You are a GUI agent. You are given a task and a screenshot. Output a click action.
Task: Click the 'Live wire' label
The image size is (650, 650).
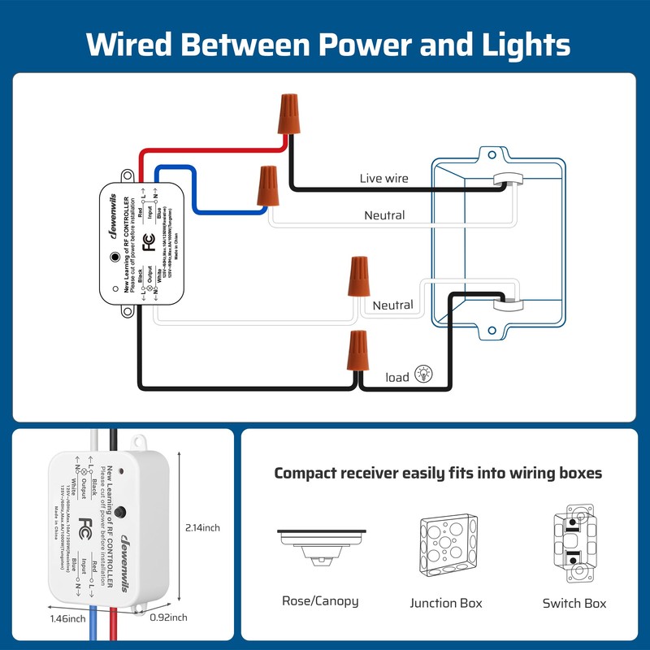[384, 178]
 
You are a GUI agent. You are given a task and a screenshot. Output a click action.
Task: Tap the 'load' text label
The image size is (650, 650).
[397, 377]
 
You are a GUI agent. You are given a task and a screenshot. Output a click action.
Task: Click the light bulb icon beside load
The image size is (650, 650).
[423, 375]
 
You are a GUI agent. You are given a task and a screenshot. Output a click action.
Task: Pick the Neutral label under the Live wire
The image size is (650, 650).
[384, 215]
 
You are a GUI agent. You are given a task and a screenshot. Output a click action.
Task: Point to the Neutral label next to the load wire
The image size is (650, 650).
[392, 305]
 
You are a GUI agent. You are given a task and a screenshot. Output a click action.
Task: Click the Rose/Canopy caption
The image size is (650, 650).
[319, 602]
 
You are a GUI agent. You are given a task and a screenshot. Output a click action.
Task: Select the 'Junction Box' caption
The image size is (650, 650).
[446, 603]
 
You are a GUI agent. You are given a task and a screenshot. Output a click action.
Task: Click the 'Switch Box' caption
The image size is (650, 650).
[574, 603]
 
